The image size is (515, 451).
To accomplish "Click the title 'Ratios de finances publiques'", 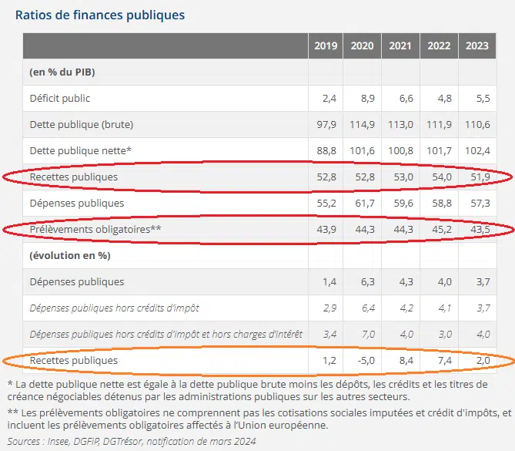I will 99,15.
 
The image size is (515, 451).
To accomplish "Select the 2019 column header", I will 326,46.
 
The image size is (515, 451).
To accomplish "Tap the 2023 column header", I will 477,46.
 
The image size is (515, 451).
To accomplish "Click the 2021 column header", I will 400,46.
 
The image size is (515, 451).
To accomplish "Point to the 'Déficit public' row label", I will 60,98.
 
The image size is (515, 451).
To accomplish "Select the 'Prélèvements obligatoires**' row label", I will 95,229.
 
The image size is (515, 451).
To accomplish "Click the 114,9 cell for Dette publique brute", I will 362,124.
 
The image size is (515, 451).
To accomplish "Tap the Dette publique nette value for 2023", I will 477,150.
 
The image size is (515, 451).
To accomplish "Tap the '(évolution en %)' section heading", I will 67,255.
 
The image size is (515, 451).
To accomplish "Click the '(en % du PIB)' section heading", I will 62,72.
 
